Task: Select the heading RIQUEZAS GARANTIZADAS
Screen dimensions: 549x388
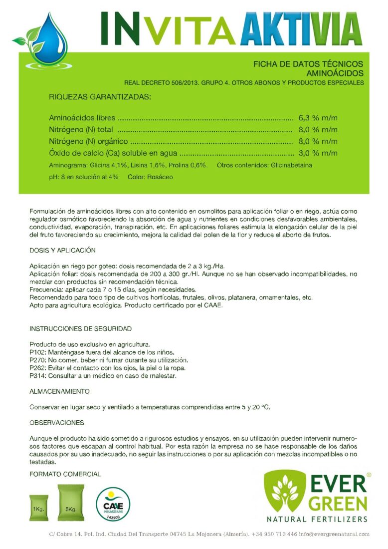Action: [x=100, y=96]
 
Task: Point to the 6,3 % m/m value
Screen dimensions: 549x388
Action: [x=318, y=118]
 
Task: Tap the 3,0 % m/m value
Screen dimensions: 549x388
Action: [x=318, y=153]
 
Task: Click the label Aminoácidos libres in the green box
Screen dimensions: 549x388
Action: [x=82, y=118]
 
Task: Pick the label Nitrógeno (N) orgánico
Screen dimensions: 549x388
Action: [x=89, y=141]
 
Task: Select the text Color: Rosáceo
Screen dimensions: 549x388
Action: [x=150, y=177]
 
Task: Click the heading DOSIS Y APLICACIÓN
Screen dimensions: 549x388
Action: [x=62, y=250]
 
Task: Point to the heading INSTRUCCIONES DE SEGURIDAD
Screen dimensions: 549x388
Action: [x=80, y=328]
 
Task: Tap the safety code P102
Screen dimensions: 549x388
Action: [x=37, y=352]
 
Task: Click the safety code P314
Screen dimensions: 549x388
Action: [x=37, y=376]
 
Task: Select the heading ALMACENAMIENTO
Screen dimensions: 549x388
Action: [x=59, y=391]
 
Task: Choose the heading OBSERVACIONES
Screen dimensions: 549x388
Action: [x=56, y=423]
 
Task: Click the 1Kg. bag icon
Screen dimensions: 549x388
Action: [x=38, y=508]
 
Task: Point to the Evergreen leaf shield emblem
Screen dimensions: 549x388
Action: [x=285, y=491]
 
